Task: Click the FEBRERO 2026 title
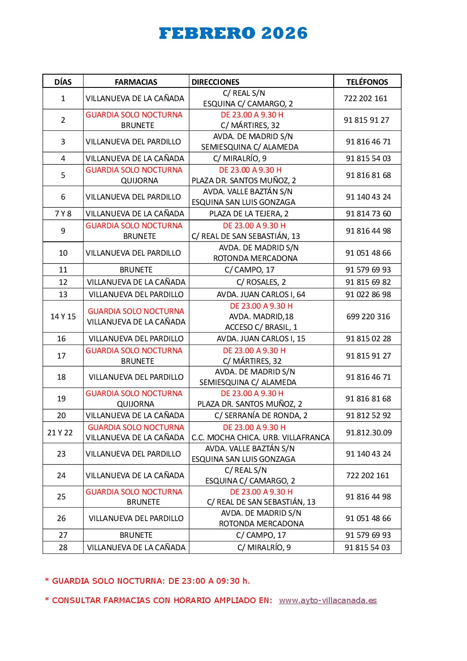click(x=233, y=34)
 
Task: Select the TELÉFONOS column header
click(x=367, y=82)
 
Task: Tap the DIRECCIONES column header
click(x=215, y=82)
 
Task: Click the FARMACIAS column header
click(x=136, y=82)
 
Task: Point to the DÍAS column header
click(x=63, y=82)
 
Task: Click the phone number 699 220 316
click(x=368, y=317)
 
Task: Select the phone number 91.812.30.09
click(x=369, y=433)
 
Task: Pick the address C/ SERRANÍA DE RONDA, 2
click(x=261, y=415)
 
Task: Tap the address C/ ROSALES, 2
click(x=261, y=282)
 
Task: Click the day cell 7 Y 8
click(x=63, y=214)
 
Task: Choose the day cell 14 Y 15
click(x=63, y=317)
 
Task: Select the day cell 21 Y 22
click(x=60, y=433)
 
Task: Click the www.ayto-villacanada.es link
click(x=328, y=601)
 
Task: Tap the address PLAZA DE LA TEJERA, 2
click(x=249, y=214)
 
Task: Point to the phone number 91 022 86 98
click(x=368, y=295)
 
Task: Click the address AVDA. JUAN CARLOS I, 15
click(x=261, y=339)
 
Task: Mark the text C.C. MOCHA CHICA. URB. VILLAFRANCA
click(x=260, y=438)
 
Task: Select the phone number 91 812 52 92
click(x=368, y=415)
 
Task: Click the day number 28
click(x=63, y=548)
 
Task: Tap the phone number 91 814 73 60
click(x=368, y=214)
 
